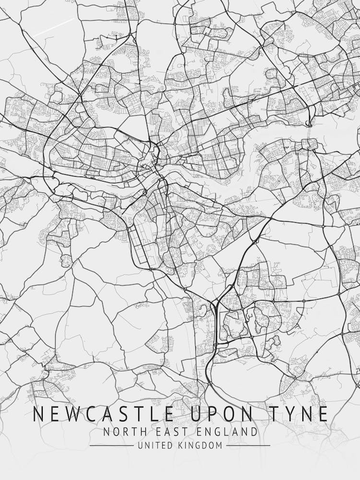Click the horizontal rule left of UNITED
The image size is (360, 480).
pyautogui.click(x=111, y=445)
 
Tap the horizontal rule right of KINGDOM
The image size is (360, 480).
pyautogui.click(x=248, y=445)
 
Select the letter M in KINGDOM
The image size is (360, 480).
pyautogui.click(x=219, y=445)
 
